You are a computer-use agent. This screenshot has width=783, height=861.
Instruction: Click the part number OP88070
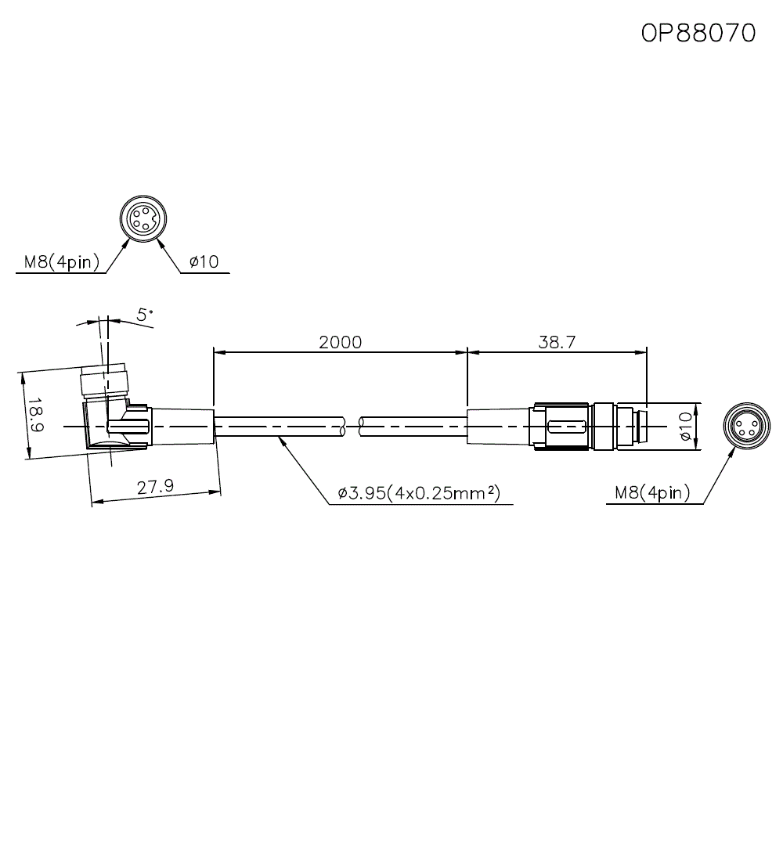pyautogui.click(x=698, y=33)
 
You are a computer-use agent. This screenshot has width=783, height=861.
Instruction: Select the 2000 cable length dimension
pyautogui.click(x=340, y=342)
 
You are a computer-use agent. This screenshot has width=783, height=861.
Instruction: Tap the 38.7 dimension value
pyautogui.click(x=557, y=342)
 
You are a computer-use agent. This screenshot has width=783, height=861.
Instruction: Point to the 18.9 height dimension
pyautogui.click(x=36, y=415)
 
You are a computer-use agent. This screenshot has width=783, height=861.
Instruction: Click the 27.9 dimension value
pyautogui.click(x=155, y=487)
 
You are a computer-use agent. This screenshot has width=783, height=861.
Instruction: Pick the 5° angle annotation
pyautogui.click(x=145, y=315)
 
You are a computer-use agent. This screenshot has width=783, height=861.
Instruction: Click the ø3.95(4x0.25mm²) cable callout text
pyautogui.click(x=419, y=492)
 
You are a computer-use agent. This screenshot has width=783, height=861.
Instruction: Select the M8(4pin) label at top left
pyautogui.click(x=62, y=262)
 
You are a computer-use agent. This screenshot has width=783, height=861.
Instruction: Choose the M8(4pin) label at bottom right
pyautogui.click(x=652, y=492)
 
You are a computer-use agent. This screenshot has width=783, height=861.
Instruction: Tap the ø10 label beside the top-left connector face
pyautogui.click(x=204, y=261)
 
